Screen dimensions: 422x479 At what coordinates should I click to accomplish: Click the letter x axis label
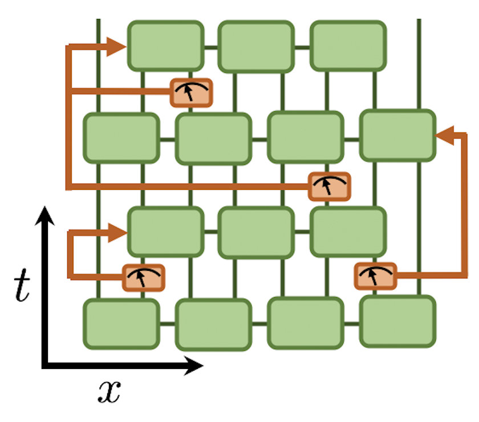pyautogui.click(x=109, y=392)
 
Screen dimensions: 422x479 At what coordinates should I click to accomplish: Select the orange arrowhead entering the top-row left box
pyautogui.click(x=119, y=46)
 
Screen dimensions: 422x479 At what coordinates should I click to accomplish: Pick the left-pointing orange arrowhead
pyautogui.click(x=444, y=135)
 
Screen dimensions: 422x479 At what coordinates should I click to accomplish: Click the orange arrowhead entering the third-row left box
pyautogui.click(x=119, y=232)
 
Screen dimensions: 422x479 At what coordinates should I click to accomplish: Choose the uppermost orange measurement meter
pyautogui.click(x=192, y=92)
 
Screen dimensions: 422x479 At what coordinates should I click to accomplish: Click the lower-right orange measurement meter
pyautogui.click(x=375, y=277)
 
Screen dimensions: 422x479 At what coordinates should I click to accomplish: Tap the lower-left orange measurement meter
pyautogui.click(x=143, y=278)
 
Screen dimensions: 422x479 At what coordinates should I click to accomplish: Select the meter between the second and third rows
pyautogui.click(x=329, y=186)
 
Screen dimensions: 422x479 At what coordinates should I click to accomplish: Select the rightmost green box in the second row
pyautogui.click(x=397, y=135)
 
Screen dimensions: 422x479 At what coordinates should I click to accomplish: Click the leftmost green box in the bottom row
pyautogui.click(x=121, y=324)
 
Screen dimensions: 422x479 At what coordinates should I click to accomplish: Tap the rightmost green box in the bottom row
pyautogui.click(x=397, y=321)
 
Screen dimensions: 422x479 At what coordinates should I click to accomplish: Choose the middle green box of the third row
pyautogui.click(x=256, y=232)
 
